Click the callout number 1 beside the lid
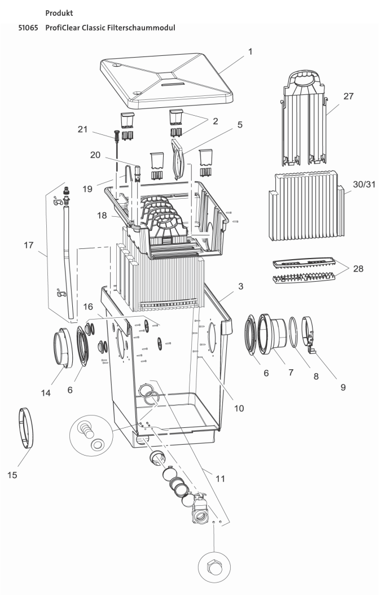click(x=250, y=51)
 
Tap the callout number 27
click(x=348, y=96)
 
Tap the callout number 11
click(x=220, y=478)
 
